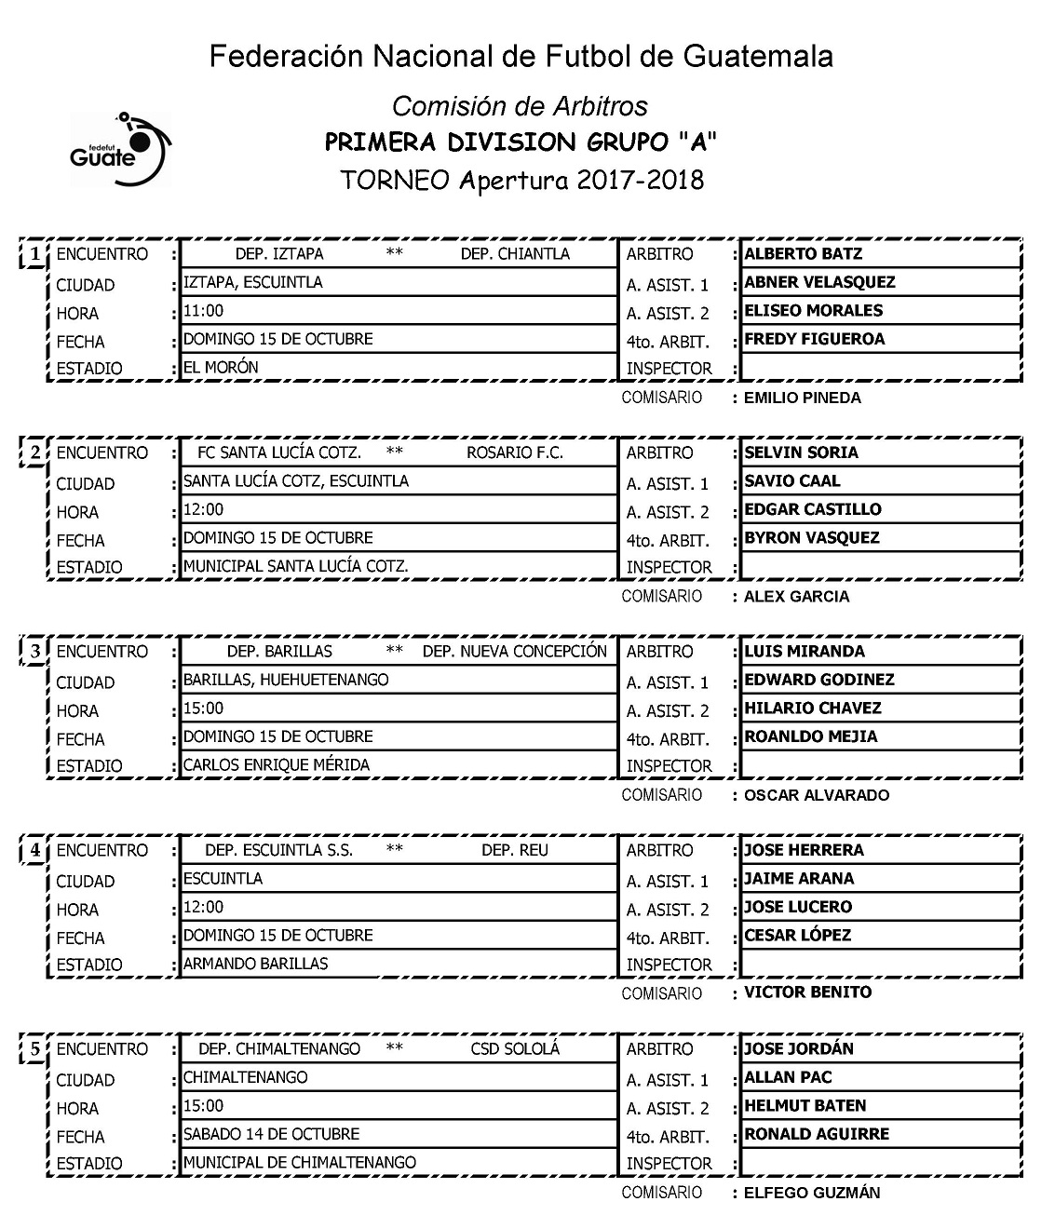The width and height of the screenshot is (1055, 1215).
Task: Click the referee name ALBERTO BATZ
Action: [x=803, y=254]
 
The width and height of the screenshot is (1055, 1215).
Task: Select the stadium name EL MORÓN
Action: [x=221, y=368]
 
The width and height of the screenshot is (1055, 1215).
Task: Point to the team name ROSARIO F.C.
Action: [x=515, y=453]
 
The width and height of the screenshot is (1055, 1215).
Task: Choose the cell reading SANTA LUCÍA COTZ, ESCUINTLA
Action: [x=295, y=481]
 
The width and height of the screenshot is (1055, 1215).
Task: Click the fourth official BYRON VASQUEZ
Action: [x=811, y=538]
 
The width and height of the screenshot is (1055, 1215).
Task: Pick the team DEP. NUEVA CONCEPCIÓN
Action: [x=514, y=652]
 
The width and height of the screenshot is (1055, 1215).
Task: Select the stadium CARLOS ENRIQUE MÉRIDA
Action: [x=276, y=765]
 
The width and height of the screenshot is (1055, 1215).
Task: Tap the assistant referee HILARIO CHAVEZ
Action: [x=812, y=709]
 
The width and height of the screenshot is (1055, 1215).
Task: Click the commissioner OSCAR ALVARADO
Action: [x=816, y=796]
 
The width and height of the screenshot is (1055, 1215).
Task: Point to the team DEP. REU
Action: [x=515, y=851]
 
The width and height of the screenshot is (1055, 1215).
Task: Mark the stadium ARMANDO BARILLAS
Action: [x=255, y=964]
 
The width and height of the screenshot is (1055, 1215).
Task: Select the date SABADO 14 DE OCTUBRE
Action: [x=271, y=1134]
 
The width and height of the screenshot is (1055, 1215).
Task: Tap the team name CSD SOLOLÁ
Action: [x=515, y=1049]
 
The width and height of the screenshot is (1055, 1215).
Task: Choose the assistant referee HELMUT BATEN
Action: [x=805, y=1106]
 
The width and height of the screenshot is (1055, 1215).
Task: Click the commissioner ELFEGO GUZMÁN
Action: [x=811, y=1193]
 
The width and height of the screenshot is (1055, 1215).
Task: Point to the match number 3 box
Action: [x=34, y=652]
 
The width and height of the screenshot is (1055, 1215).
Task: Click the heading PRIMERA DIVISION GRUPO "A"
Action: [x=521, y=143]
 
